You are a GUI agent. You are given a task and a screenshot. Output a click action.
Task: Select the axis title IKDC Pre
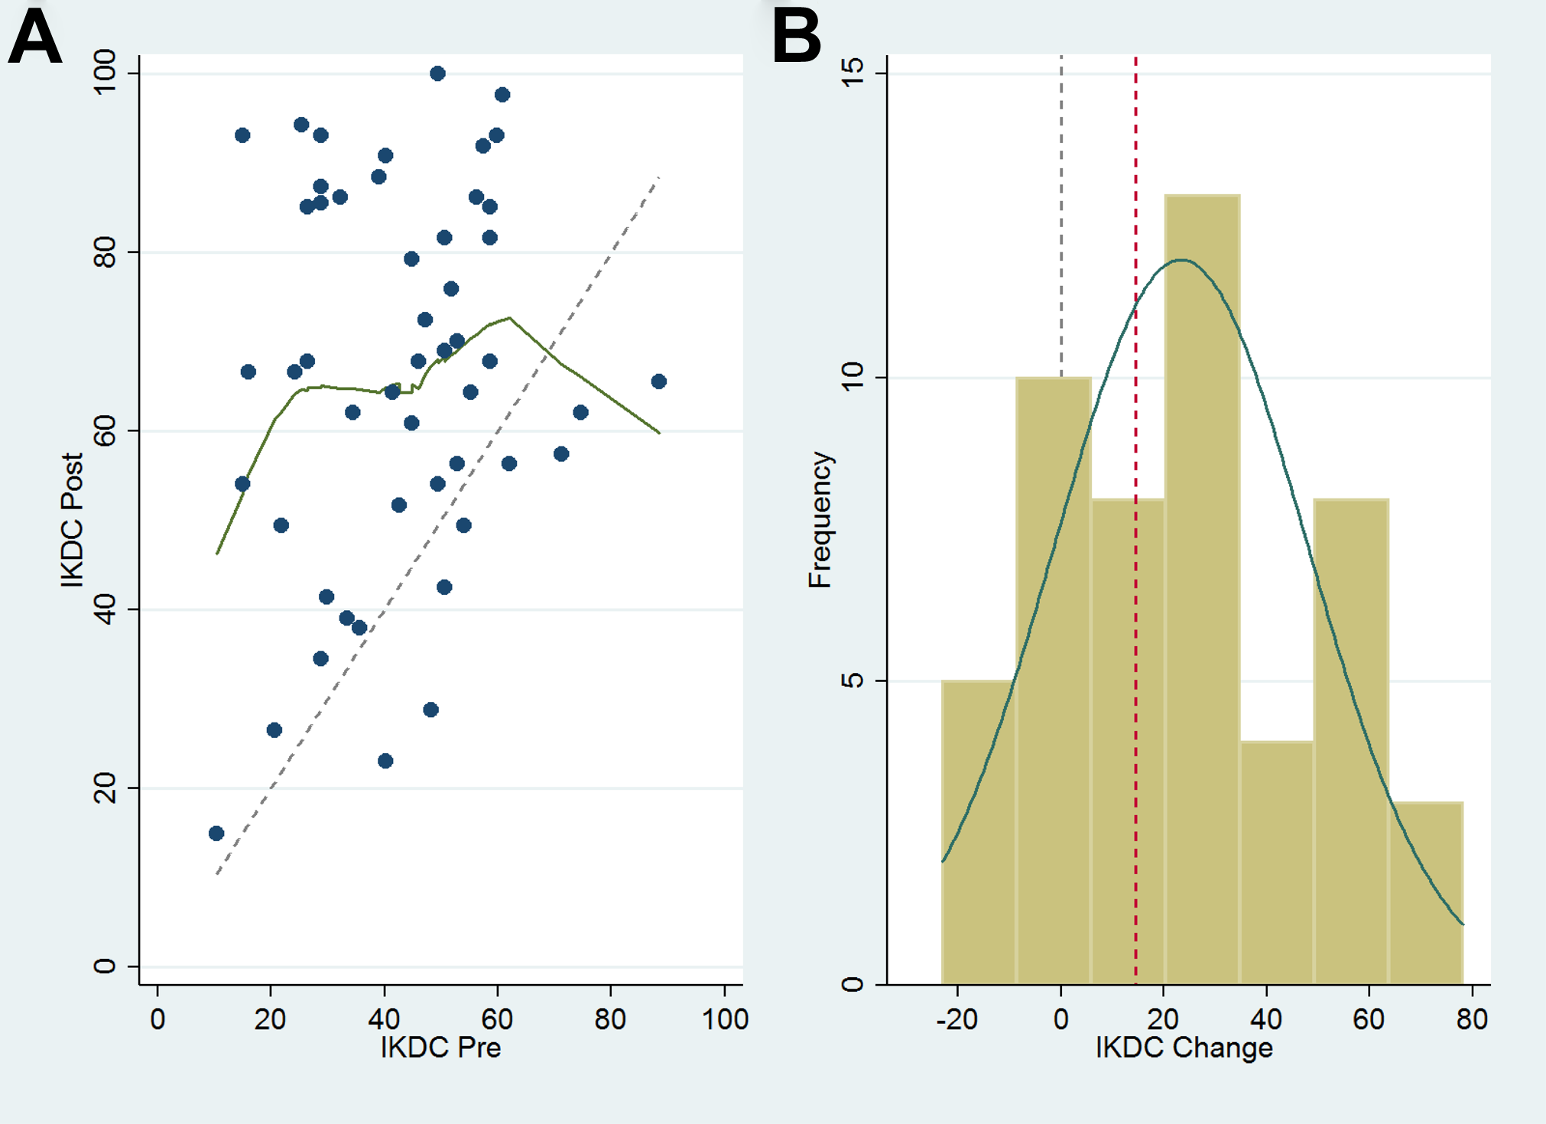pyautogui.click(x=440, y=1047)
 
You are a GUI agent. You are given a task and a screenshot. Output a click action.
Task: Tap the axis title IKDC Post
pyautogui.click(x=72, y=520)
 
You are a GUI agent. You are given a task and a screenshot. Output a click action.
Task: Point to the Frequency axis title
pyautogui.click(x=820, y=520)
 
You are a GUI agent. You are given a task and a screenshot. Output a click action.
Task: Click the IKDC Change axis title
pyautogui.click(x=1184, y=1047)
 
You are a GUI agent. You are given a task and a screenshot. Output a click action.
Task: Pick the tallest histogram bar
pyautogui.click(x=1202, y=590)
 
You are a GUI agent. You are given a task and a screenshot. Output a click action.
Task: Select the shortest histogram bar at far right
pyautogui.click(x=1426, y=893)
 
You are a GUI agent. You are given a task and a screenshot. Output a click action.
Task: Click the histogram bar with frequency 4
pyautogui.click(x=1277, y=862)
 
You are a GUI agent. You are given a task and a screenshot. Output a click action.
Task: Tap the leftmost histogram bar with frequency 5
pyautogui.click(x=979, y=832)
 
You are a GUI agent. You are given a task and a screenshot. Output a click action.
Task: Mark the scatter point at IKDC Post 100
pyautogui.click(x=437, y=73)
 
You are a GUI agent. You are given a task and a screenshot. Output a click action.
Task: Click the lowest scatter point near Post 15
pyautogui.click(x=216, y=833)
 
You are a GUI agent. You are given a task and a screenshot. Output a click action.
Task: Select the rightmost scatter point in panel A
pyautogui.click(x=659, y=382)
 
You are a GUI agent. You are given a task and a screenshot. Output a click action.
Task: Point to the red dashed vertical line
pyautogui.click(x=1135, y=520)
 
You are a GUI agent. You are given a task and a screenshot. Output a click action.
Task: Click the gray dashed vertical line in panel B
pyautogui.click(x=1061, y=216)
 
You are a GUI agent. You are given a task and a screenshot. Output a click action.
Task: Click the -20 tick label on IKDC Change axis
pyautogui.click(x=957, y=1019)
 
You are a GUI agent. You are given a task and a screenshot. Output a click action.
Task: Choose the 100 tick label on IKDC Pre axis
pyautogui.click(x=725, y=1019)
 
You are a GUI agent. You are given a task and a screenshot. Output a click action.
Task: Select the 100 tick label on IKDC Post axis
pyautogui.click(x=104, y=72)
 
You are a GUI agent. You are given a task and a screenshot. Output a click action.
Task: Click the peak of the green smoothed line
pyautogui.click(x=509, y=318)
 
